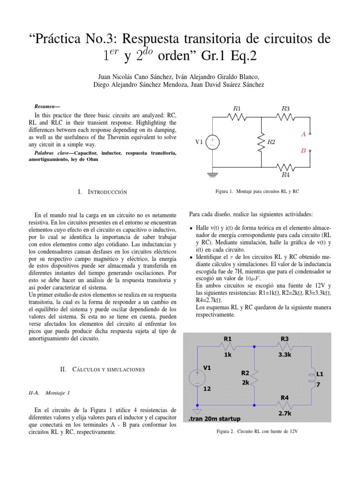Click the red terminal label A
click(x=303, y=134)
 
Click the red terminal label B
click(x=303, y=151)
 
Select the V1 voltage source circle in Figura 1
click(x=213, y=142)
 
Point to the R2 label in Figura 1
click(x=271, y=142)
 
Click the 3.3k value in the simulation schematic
click(x=285, y=355)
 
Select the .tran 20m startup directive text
click(x=214, y=418)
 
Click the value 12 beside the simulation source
click(x=207, y=389)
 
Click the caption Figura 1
click(x=257, y=192)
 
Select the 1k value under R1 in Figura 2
click(x=227, y=355)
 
